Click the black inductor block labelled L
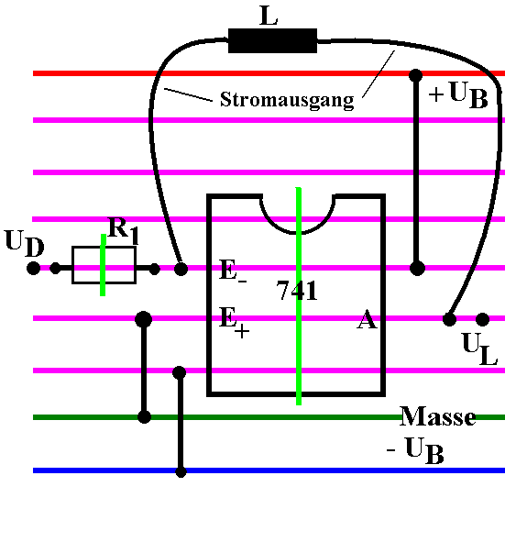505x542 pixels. click(x=272, y=40)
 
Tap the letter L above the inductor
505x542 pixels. click(x=269, y=16)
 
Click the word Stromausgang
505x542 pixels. click(x=287, y=100)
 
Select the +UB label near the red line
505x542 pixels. click(x=458, y=94)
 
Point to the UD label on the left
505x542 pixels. click(x=25, y=243)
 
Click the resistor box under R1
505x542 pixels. click(x=104, y=265)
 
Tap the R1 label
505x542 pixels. click(x=123, y=230)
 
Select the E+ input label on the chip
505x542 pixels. click(x=234, y=322)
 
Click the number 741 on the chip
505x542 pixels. click(x=297, y=291)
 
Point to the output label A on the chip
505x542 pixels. click(x=367, y=319)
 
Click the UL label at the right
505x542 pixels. click(x=479, y=348)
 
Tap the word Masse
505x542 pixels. click(x=438, y=415)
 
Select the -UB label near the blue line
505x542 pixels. click(x=415, y=450)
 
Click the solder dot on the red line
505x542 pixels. click(x=415, y=75)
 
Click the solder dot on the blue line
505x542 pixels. click(x=181, y=471)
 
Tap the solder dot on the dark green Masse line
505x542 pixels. click(x=145, y=416)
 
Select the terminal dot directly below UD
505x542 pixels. click(x=34, y=268)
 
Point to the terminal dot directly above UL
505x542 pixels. click(x=483, y=319)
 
